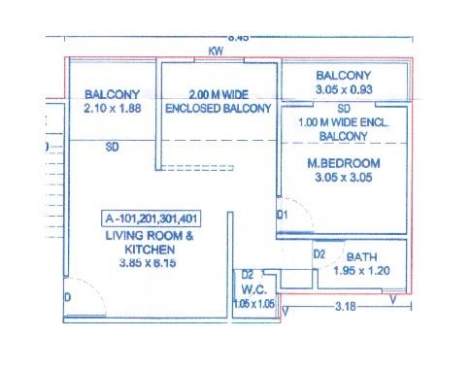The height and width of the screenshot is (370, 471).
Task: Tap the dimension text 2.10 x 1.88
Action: click(113, 109)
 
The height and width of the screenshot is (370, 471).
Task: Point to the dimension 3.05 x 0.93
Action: click(344, 89)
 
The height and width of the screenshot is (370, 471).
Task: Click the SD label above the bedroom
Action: click(344, 108)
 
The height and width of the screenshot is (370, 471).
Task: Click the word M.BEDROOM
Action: click(344, 162)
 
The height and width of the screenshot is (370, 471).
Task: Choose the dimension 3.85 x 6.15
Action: click(150, 262)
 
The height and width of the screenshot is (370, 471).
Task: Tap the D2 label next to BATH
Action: click(318, 254)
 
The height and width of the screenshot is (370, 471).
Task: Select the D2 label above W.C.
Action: click(248, 275)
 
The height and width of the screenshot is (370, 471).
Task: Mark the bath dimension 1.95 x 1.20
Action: click(361, 271)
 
